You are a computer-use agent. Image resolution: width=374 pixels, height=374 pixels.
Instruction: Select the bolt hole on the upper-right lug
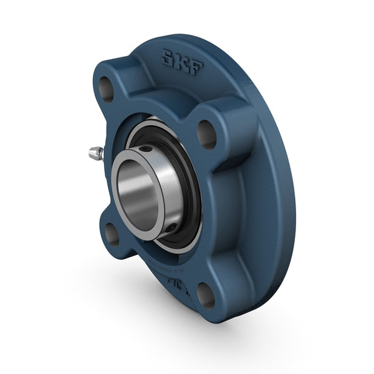[x=207, y=133]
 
